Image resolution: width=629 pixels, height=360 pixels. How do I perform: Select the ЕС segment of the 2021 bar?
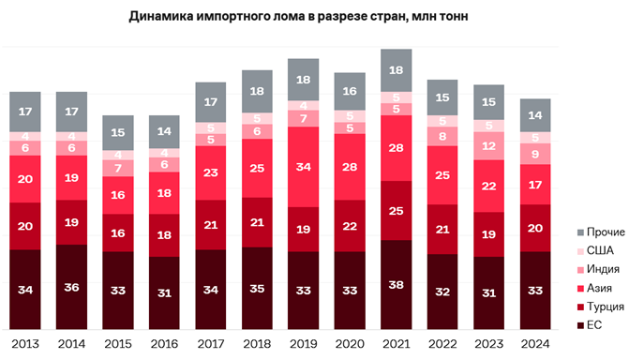[x=396, y=284]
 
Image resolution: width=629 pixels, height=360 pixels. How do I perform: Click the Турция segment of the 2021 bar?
[x=396, y=210]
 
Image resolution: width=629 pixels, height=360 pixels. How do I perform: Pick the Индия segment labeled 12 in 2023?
[x=488, y=145]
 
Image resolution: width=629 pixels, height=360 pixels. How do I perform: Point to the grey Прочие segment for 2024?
[x=535, y=115]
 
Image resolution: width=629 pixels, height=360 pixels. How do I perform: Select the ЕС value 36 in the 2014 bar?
[x=71, y=287]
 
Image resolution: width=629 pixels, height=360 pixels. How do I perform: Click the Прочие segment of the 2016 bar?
[x=164, y=131]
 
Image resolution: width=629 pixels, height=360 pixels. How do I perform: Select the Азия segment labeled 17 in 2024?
[x=535, y=185]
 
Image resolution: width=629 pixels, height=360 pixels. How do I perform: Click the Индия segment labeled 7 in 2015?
[x=118, y=168]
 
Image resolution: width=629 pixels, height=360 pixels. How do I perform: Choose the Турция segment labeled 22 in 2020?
[x=350, y=226]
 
